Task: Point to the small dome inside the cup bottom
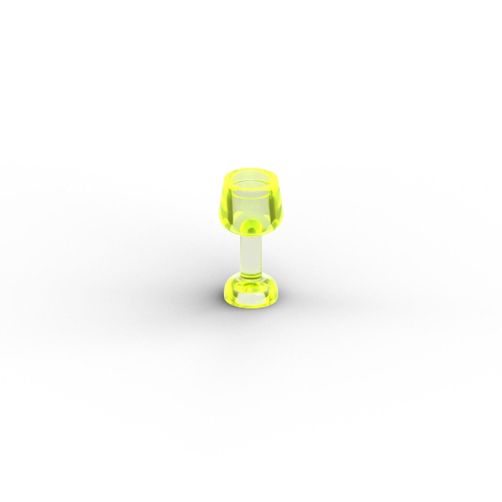[251, 227]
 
